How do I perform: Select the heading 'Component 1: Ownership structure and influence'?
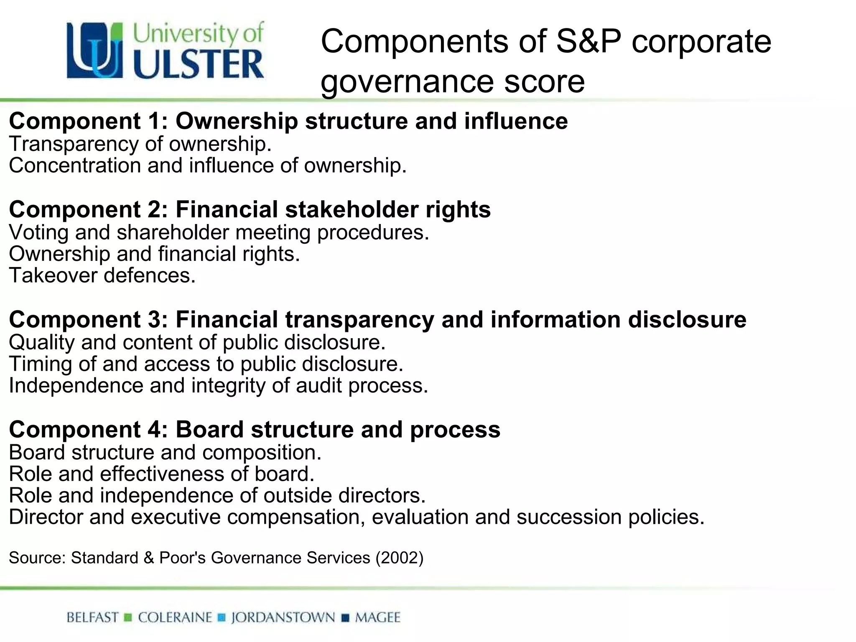[x=288, y=121]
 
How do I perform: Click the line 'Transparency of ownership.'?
[x=140, y=144]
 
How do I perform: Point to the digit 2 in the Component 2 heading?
[x=154, y=209]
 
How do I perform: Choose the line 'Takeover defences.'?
[x=102, y=275]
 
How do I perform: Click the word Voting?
[x=38, y=232]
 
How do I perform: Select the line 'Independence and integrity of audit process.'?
[x=219, y=385]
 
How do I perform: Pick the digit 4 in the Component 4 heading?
[x=154, y=429]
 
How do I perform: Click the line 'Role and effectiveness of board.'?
[x=161, y=474]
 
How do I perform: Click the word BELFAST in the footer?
[x=92, y=617]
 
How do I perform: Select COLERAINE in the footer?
[x=175, y=617]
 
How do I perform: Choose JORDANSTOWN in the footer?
[x=283, y=617]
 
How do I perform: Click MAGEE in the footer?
[x=378, y=617]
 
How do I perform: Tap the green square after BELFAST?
[x=128, y=617]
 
